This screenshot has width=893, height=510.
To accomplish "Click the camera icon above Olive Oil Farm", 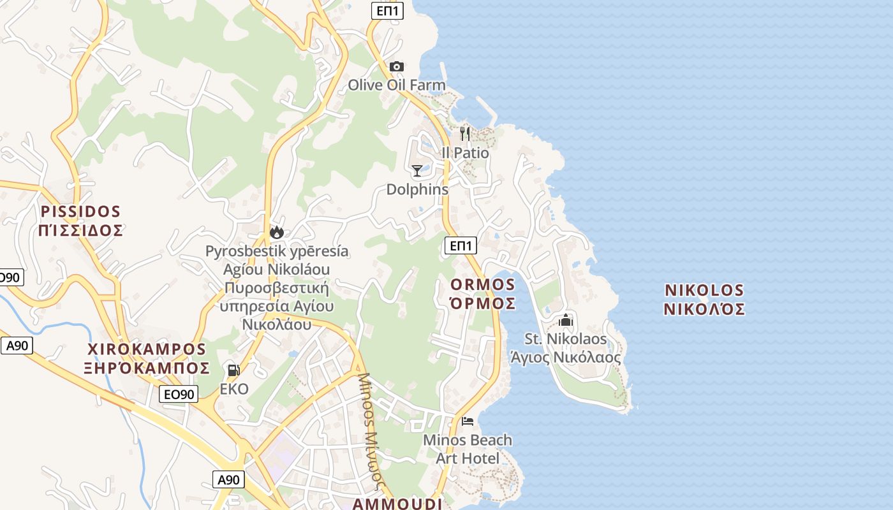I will click(396, 66).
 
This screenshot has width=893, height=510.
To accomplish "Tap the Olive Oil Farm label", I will click(396, 85).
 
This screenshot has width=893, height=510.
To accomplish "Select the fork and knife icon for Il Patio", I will click(465, 133).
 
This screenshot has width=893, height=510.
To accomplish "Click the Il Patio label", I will click(465, 153).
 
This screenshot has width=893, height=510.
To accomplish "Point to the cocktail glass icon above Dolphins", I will click(417, 170).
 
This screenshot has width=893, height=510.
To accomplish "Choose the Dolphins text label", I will click(417, 189).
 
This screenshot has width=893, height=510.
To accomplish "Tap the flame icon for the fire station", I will click(276, 232).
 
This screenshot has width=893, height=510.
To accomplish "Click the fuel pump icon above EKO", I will click(233, 370).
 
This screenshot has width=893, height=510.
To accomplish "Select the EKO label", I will click(233, 389).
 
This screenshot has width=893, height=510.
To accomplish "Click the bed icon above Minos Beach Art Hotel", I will click(468, 421).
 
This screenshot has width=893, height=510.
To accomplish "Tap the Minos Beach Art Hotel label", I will click(468, 449).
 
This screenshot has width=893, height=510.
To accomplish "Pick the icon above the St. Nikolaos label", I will click(566, 320).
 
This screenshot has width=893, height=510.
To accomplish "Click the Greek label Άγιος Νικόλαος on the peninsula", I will click(565, 358).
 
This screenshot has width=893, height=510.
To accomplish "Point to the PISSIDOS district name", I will click(80, 211).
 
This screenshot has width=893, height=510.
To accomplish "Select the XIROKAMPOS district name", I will click(147, 349).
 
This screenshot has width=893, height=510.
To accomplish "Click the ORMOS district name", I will click(482, 284).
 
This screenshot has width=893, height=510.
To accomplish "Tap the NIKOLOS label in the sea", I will click(704, 290).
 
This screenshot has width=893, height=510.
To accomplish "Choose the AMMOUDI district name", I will click(397, 504).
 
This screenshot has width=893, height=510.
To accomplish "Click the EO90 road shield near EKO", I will click(179, 394).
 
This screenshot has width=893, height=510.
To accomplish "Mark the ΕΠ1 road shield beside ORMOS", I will click(460, 245).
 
